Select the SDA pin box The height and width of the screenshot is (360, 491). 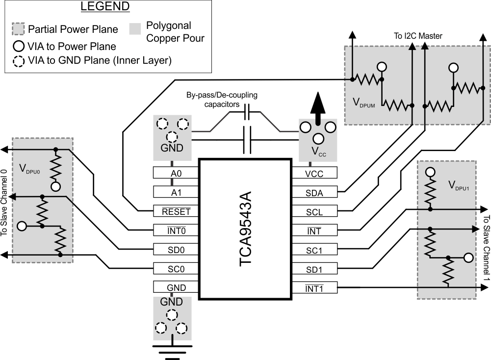pyautogui.click(x=314, y=192)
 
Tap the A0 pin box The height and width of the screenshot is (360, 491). pyautogui.click(x=175, y=173)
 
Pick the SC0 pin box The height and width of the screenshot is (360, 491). pyautogui.click(x=175, y=268)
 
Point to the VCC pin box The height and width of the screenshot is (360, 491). pyautogui.click(x=314, y=173)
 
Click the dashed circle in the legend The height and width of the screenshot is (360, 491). pyautogui.click(x=19, y=61)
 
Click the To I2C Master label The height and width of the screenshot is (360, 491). pyautogui.click(x=418, y=36)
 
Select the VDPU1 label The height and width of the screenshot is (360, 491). pyautogui.click(x=459, y=185)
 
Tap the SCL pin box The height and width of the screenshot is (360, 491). pyautogui.click(x=314, y=211)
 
